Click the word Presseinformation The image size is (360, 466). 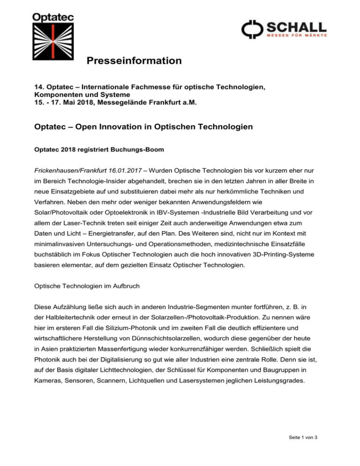tap(134, 61)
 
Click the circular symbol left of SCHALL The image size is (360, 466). tap(250, 29)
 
